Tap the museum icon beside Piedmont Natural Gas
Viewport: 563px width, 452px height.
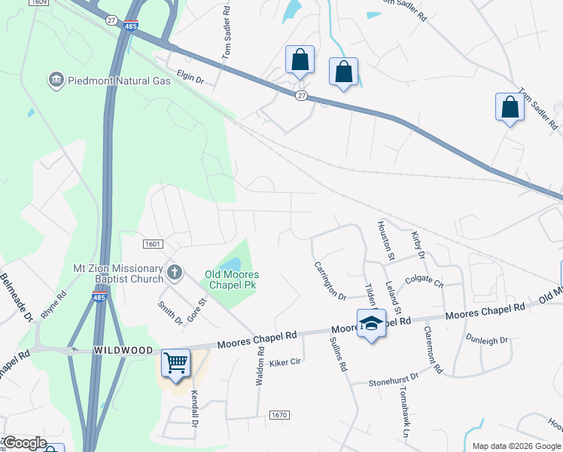click(55, 80)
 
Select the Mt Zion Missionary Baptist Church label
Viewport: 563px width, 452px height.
click(118, 273)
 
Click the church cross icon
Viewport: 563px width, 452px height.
click(175, 272)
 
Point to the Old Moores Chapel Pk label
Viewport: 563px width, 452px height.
click(231, 281)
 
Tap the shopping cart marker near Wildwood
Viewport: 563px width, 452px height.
click(176, 363)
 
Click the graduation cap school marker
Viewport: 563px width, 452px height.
click(370, 324)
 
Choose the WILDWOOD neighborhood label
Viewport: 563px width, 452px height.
click(123, 351)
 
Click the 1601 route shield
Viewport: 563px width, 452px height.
click(153, 243)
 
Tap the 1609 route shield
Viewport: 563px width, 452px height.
click(40, 3)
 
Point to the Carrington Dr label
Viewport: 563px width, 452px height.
click(329, 280)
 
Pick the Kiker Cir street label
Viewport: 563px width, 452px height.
click(285, 362)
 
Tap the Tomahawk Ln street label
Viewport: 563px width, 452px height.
click(403, 414)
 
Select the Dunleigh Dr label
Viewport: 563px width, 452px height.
click(487, 341)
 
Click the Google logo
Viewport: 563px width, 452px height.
click(24, 443)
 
